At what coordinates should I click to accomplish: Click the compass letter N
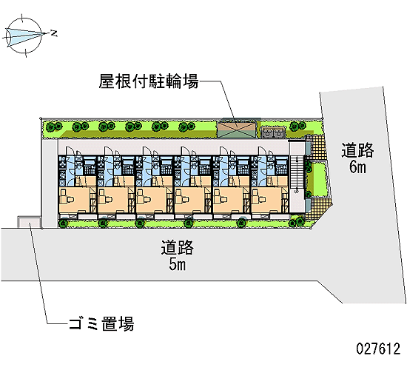click(54, 33)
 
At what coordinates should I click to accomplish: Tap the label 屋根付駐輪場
click(149, 81)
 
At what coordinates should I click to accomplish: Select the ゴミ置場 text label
click(101, 323)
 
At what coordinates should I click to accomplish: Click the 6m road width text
click(357, 167)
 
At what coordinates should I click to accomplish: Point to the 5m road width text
click(178, 265)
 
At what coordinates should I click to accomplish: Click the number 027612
click(378, 349)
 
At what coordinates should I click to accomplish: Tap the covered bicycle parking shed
click(237, 129)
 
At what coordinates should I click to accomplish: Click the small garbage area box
click(30, 223)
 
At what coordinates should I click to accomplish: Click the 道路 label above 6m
click(357, 150)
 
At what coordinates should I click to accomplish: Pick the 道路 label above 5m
click(178, 248)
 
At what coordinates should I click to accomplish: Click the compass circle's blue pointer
click(24, 36)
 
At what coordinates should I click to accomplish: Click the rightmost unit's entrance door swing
click(263, 151)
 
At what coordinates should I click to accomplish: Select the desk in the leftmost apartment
click(67, 196)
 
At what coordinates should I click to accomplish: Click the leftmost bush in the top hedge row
click(53, 127)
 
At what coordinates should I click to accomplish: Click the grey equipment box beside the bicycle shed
click(273, 132)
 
